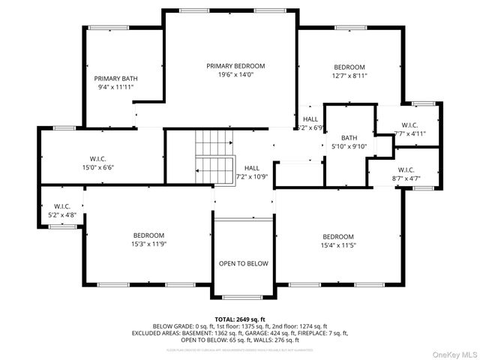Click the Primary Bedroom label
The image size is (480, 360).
[235, 66]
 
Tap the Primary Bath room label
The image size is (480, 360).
[115, 79]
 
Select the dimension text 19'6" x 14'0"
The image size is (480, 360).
[235, 75]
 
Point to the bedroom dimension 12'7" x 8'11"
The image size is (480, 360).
[349, 76]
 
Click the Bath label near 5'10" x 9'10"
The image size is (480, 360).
[349, 137]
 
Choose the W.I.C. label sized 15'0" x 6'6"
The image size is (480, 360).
[102, 158]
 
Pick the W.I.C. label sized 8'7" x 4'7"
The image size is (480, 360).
[406, 170]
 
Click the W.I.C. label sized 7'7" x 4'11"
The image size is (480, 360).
[409, 125]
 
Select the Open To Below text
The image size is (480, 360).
[243, 264]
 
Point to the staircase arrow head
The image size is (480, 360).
[196, 172]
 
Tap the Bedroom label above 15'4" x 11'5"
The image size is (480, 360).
[337, 236]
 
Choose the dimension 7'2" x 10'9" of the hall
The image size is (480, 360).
[252, 177]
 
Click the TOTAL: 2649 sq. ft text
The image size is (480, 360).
[240, 319]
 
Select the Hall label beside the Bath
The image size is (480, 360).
[310, 119]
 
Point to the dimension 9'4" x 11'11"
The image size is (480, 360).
[115, 88]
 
